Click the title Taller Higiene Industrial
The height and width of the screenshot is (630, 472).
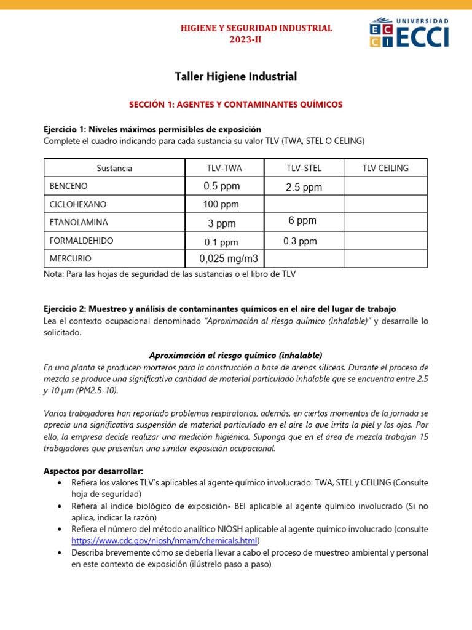[236, 76]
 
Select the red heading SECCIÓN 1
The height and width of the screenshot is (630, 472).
[236, 105]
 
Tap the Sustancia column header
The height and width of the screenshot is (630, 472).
[114, 168]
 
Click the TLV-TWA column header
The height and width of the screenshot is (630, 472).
[224, 168]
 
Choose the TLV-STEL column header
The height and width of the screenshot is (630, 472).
[304, 168]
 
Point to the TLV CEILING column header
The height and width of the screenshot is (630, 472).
[385, 168]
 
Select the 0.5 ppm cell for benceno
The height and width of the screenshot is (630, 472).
[221, 186]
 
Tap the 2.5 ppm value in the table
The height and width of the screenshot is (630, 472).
[304, 188]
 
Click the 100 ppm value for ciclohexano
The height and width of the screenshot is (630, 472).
[221, 204]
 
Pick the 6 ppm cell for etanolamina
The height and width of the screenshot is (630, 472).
[302, 220]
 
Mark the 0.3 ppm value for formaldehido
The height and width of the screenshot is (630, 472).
[300, 241]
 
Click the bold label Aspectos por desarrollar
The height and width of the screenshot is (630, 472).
[93, 471]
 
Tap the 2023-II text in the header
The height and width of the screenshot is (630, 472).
[249, 40]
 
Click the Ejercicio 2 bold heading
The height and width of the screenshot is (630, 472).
[220, 309]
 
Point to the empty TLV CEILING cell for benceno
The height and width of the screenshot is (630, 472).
[385, 186]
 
